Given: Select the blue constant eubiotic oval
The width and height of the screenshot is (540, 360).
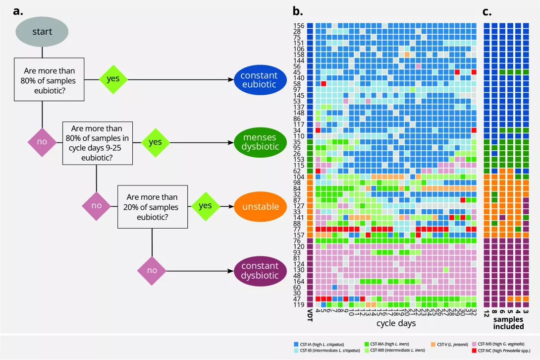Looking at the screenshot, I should (259, 80).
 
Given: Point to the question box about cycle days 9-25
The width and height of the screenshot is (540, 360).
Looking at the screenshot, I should (98, 142).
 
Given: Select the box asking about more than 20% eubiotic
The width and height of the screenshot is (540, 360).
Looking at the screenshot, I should (152, 206).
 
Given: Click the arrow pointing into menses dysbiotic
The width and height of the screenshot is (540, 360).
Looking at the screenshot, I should (231, 142).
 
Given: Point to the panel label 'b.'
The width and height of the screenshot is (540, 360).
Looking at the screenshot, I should (297, 10).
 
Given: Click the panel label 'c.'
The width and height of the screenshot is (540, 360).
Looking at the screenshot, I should (487, 10).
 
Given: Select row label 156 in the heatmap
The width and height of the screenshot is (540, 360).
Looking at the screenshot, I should (299, 26).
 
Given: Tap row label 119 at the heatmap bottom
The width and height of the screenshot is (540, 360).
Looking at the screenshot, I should (299, 304).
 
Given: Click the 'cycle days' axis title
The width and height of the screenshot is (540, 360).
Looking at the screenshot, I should (395, 323).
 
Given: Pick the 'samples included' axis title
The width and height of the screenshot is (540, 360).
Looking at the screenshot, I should (509, 323).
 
